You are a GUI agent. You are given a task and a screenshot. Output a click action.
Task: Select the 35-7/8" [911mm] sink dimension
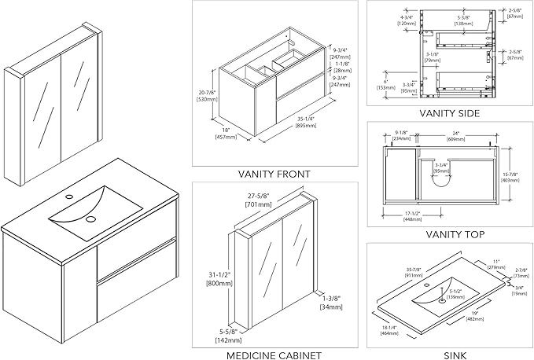tap(413, 273)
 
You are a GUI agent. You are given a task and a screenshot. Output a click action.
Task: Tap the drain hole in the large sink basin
tap(90, 219)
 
